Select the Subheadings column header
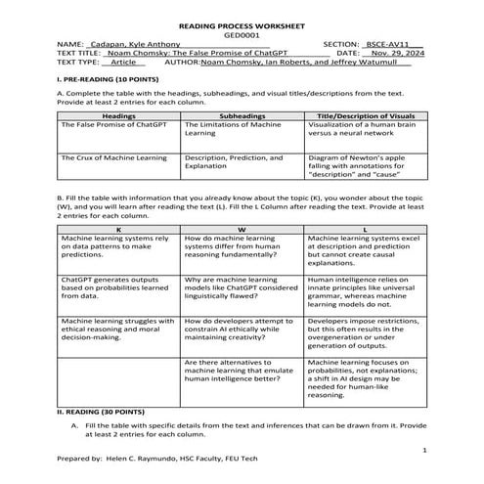pos(242,116)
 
